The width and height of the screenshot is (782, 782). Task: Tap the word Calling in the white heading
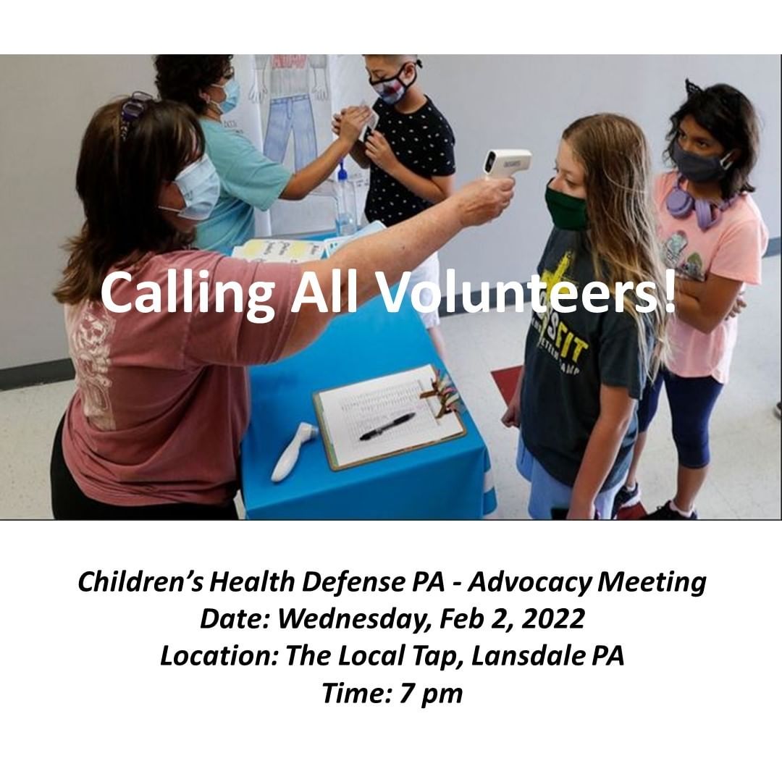187,294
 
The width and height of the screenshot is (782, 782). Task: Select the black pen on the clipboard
387,426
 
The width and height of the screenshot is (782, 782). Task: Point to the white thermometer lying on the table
294,451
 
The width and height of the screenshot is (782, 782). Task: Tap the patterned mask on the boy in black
392,85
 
